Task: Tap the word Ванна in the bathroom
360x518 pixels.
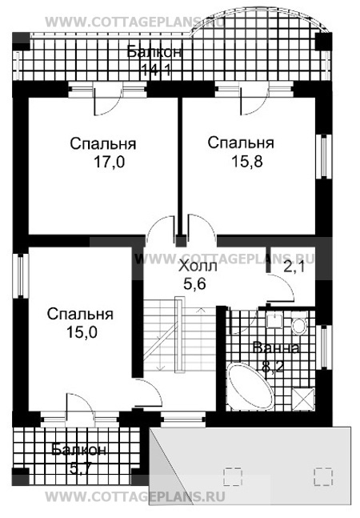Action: (x=276, y=348)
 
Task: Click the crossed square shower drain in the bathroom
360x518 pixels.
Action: (x=302, y=397)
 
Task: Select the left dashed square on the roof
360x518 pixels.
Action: (x=233, y=476)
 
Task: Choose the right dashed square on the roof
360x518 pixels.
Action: (x=323, y=476)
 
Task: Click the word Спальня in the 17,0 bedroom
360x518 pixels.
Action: (x=102, y=145)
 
